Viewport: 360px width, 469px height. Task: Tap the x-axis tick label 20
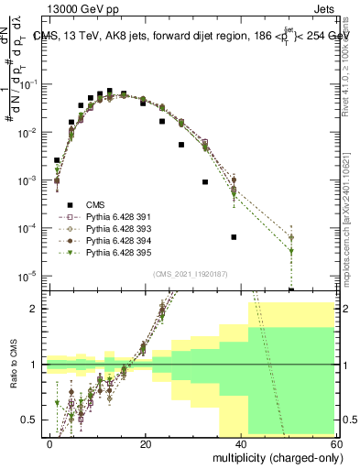[x=145, y=443]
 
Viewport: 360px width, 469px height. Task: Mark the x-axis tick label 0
[x=50, y=443]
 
